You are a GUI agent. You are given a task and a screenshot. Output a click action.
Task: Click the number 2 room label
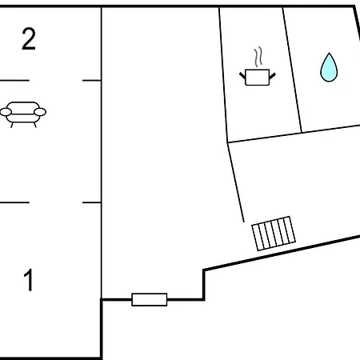pos(29,39)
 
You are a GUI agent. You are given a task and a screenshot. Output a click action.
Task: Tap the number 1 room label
pos(29,280)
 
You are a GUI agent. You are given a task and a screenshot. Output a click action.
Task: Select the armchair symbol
pos(23,114)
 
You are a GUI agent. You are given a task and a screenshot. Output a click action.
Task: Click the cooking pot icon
pos(258,66)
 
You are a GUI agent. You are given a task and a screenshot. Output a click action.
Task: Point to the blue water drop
pos(329,67)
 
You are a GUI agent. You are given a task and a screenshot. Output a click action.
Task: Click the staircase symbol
pos(274,234)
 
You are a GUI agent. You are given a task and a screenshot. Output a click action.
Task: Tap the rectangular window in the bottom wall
pos(150,299)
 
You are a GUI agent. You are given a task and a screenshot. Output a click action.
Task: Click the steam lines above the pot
pos(258,57)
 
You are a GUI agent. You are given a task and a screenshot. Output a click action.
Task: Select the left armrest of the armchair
pos(6,112)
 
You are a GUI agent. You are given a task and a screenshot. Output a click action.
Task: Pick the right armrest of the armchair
pos(40,112)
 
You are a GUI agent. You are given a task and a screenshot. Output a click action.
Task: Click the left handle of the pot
pos(242,75)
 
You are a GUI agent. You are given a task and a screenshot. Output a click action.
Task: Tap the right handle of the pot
pos(272,76)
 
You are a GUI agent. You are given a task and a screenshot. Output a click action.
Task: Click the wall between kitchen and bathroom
pos(292,70)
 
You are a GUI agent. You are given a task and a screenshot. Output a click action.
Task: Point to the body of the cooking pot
pos(258,78)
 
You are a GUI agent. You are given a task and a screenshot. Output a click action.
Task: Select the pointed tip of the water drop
pos(329,53)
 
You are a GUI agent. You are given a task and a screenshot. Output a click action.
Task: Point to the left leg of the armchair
pos(12,125)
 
